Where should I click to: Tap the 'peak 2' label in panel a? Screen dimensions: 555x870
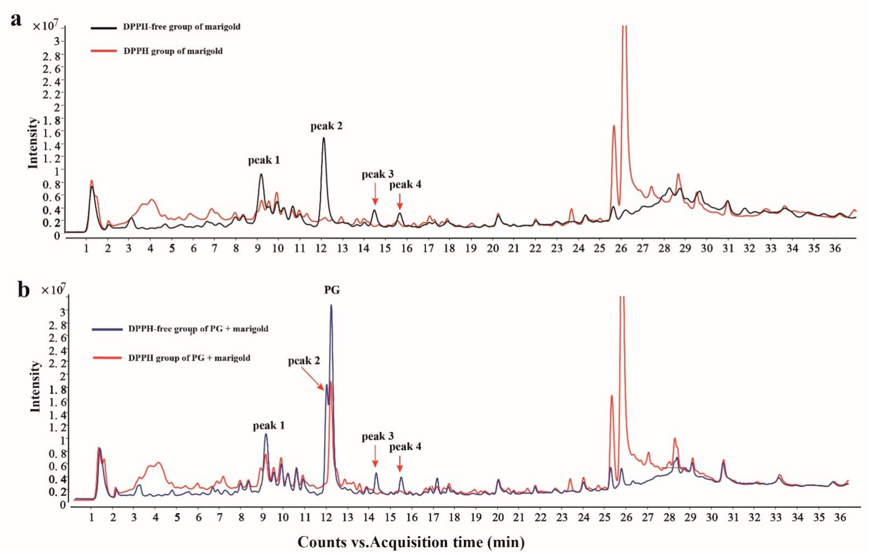pos(326,126)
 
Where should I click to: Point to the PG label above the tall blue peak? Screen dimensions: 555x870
pos(332,290)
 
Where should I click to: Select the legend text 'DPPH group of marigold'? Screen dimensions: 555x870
pos(173,51)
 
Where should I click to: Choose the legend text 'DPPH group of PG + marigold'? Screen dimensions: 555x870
pos(189,358)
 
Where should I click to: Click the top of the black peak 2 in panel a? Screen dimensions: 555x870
pos(323,138)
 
